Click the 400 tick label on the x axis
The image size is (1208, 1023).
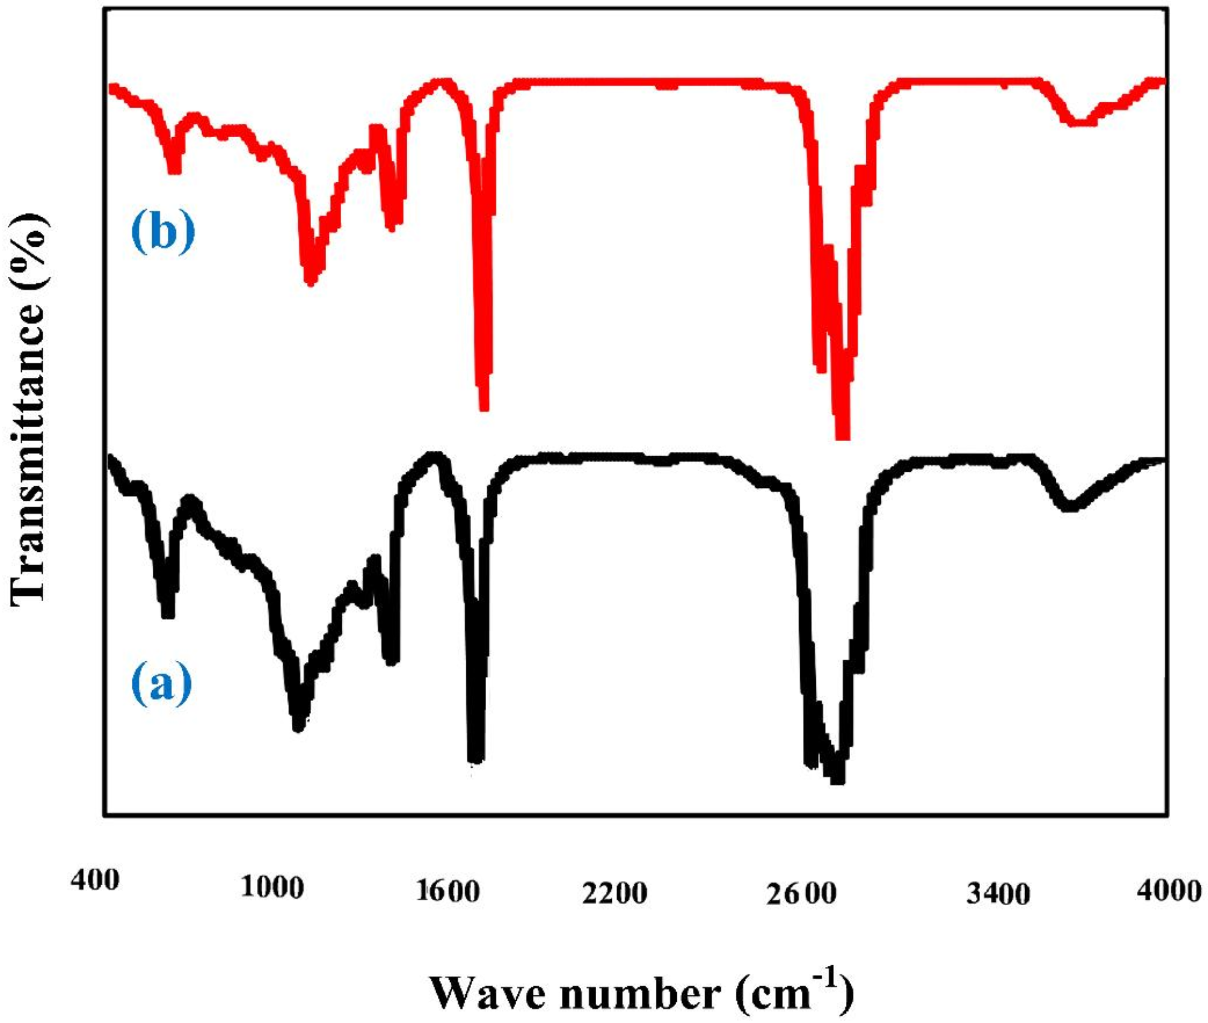click(95, 880)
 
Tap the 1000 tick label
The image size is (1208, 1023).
click(272, 887)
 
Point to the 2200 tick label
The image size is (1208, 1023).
click(614, 894)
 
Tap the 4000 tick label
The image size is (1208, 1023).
click(1169, 890)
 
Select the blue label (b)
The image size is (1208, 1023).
click(163, 232)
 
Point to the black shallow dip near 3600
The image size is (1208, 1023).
click(1070, 505)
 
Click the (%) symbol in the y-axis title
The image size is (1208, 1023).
click(29, 250)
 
